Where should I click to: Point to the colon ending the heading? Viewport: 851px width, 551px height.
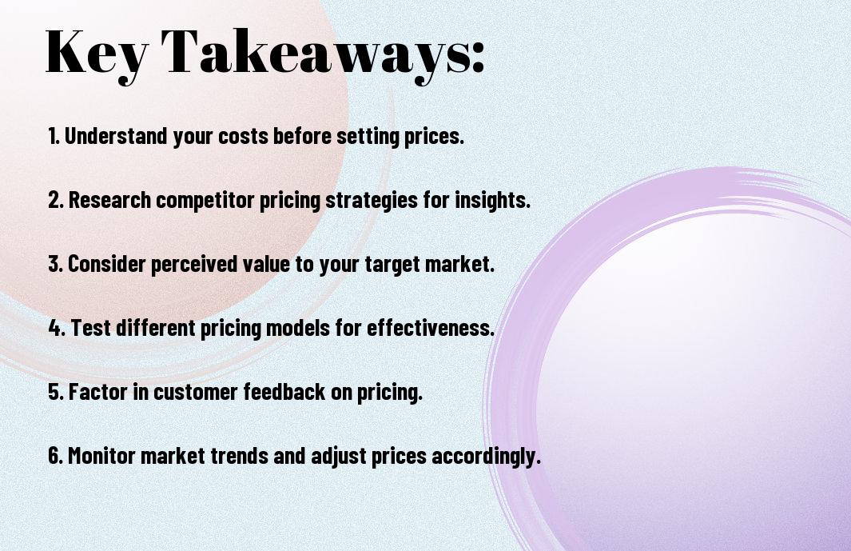point(478,57)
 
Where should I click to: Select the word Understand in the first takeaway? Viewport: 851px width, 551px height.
point(116,135)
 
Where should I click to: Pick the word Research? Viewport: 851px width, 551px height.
point(109,199)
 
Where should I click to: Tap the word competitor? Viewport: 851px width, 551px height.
point(205,200)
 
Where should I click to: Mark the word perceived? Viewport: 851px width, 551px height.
point(193,264)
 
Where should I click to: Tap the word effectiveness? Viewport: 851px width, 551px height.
point(431,328)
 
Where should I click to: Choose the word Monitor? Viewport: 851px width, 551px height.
point(101,455)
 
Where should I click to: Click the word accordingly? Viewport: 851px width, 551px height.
point(486,457)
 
